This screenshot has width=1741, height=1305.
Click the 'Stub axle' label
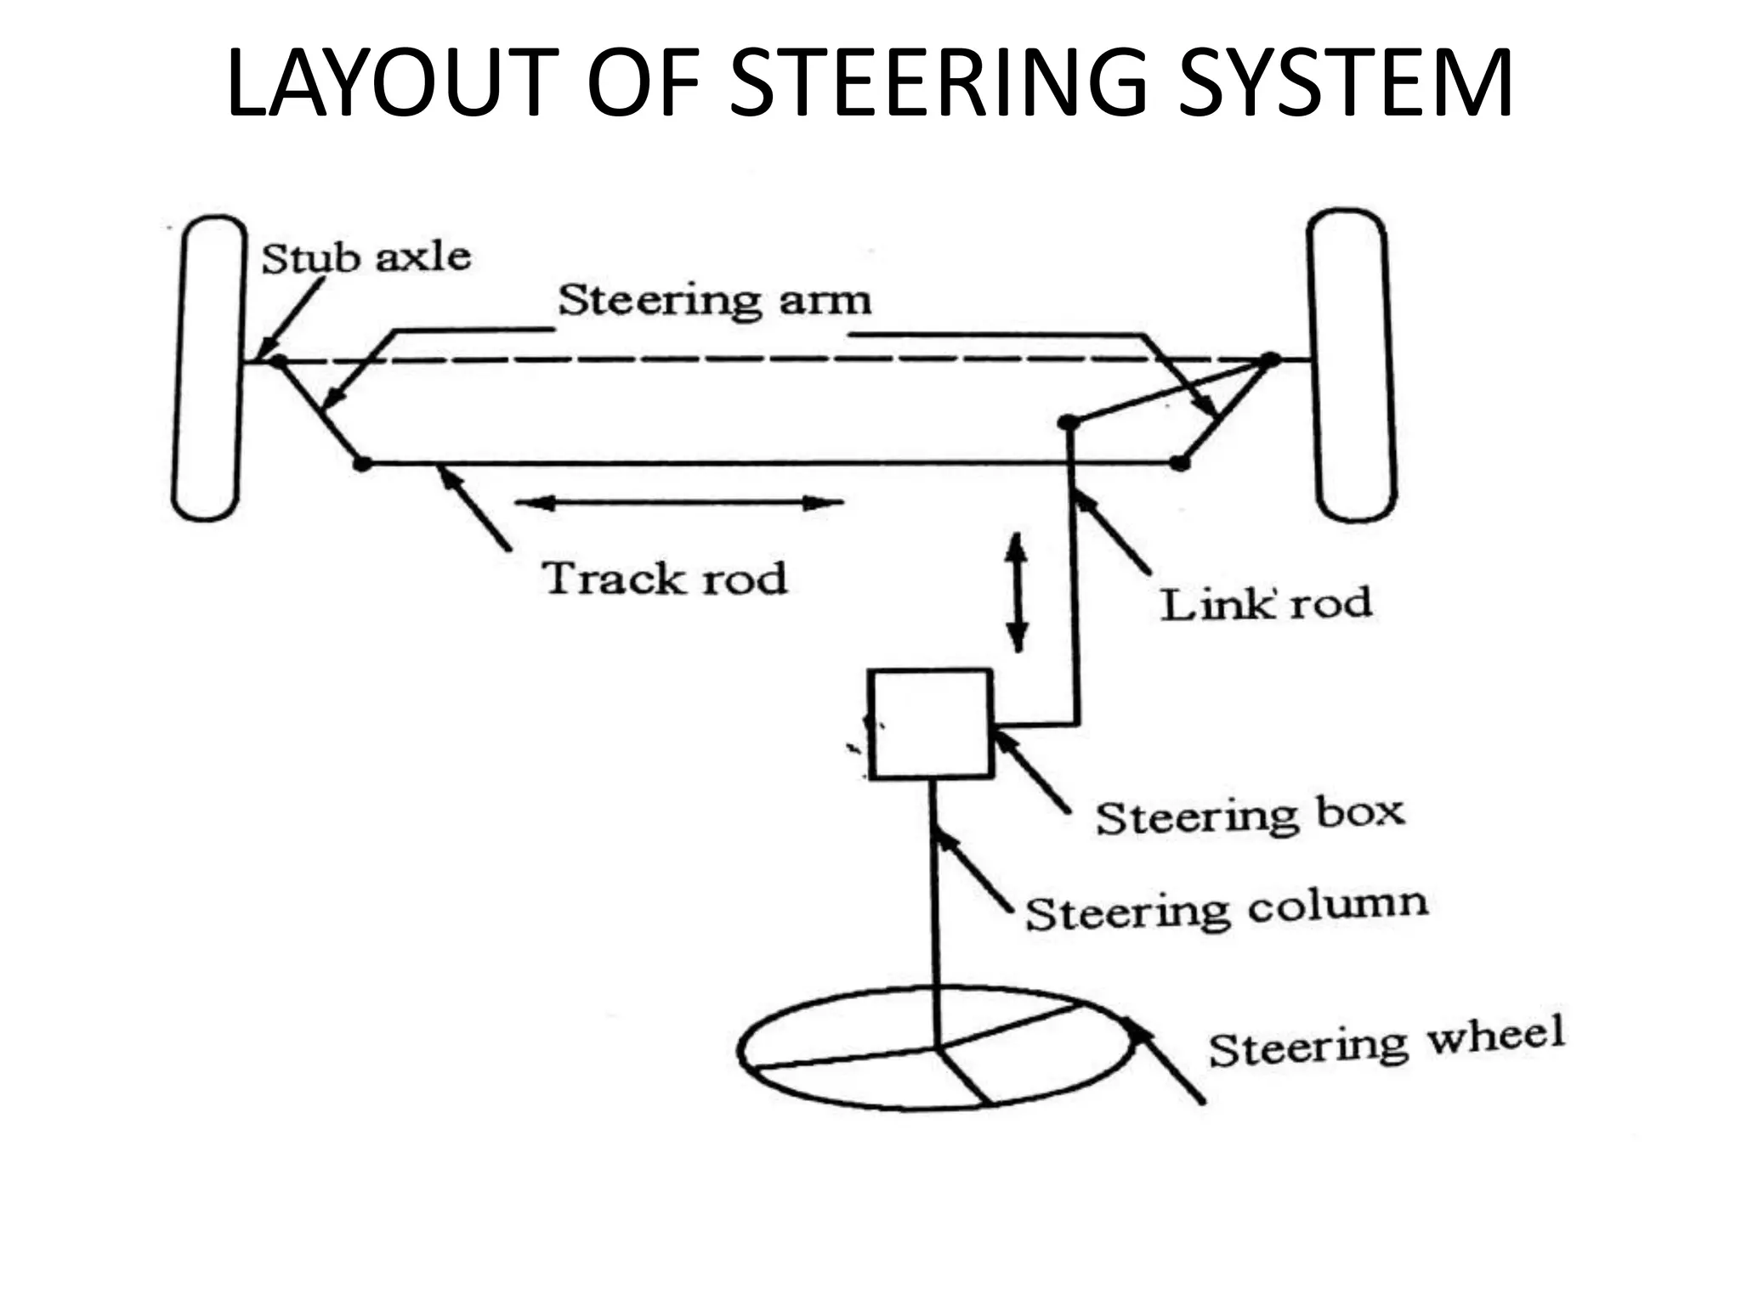pyautogui.click(x=366, y=257)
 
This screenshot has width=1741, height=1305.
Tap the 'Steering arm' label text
pyautogui.click(x=714, y=301)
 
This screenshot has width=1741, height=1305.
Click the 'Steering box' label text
pyautogui.click(x=1250, y=816)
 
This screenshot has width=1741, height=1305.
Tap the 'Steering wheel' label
pyautogui.click(x=1386, y=1042)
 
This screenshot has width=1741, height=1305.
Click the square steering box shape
pyautogui.click(x=930, y=724)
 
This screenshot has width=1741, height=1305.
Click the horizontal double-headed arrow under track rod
pyautogui.click(x=678, y=503)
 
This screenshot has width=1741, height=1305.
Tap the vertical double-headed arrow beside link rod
pyautogui.click(x=1017, y=592)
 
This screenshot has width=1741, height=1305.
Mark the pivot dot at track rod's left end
pyautogui.click(x=362, y=464)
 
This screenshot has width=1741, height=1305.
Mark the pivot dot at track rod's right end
pyautogui.click(x=1178, y=463)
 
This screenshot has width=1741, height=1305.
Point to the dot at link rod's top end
pyautogui.click(x=1068, y=422)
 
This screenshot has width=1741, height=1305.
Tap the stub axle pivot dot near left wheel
pyautogui.click(x=278, y=361)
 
